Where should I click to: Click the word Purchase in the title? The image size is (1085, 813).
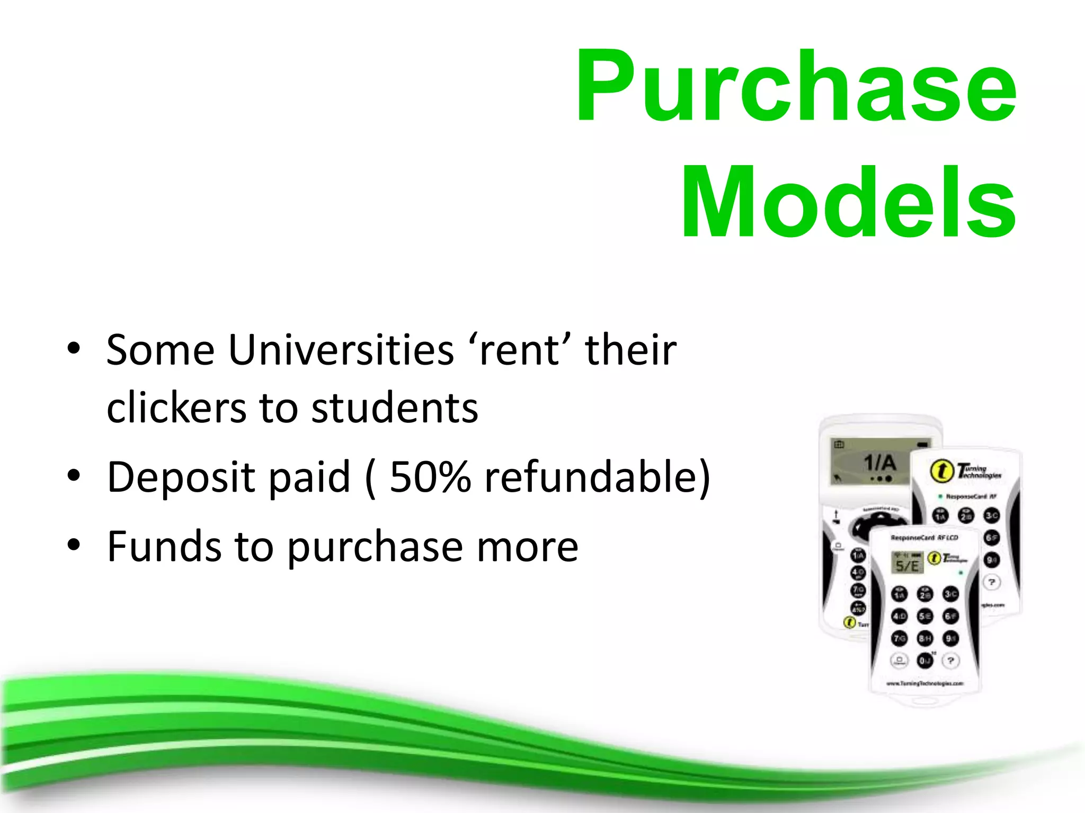pyautogui.click(x=796, y=86)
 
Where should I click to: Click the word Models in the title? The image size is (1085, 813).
pyautogui.click(x=848, y=202)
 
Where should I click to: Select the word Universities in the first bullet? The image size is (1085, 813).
pyautogui.click(x=341, y=350)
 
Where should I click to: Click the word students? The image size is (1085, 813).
pyautogui.click(x=395, y=408)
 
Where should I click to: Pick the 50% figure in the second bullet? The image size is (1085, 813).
pyautogui.click(x=430, y=476)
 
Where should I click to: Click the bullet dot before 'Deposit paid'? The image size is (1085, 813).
pyautogui.click(x=74, y=475)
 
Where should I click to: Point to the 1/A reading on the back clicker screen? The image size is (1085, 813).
pyautogui.click(x=879, y=463)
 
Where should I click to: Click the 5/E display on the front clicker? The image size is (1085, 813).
pyautogui.click(x=906, y=566)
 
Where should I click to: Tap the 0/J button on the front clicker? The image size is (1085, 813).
pyautogui.click(x=924, y=661)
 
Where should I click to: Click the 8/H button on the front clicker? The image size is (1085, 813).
pyautogui.click(x=924, y=639)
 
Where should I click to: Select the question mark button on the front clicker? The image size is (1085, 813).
pyautogui.click(x=951, y=661)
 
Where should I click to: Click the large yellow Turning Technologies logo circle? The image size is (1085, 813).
pyautogui.click(x=942, y=471)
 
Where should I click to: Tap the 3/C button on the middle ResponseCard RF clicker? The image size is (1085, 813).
pyautogui.click(x=991, y=516)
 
